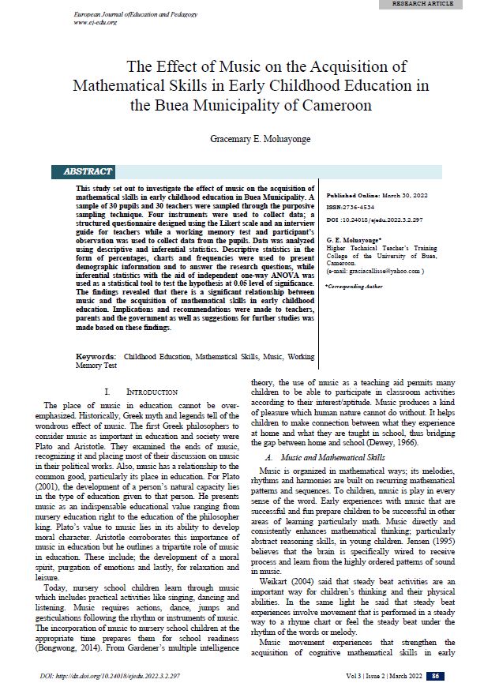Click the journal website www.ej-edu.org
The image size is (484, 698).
click(95, 22)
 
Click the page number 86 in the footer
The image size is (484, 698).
click(436, 676)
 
